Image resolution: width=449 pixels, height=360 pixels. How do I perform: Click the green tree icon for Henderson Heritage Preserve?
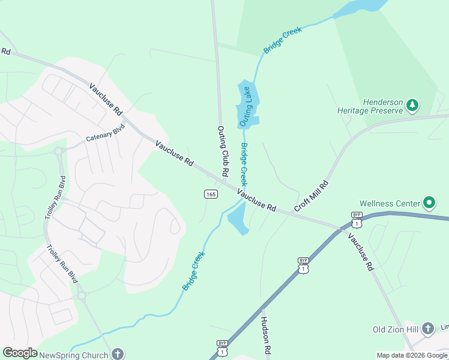[412, 106]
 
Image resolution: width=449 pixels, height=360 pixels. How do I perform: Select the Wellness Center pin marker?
[429, 203]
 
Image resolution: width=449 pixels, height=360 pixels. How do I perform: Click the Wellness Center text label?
[390, 203]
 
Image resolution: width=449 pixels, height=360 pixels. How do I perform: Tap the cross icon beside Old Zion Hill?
[427, 328]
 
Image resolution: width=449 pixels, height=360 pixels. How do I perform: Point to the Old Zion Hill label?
[395, 329]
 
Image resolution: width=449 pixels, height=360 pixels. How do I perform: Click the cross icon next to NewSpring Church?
[118, 354]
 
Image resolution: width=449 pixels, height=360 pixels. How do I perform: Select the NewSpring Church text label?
[73, 355]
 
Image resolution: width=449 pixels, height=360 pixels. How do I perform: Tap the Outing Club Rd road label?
[222, 151]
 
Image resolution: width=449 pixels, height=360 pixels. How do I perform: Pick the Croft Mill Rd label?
[312, 196]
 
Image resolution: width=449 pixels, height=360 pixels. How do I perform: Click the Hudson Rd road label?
[266, 335]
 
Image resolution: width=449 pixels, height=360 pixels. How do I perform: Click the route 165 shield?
[210, 194]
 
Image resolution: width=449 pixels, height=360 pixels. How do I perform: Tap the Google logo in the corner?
[20, 353]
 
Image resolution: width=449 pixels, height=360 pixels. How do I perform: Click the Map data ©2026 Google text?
[412, 355]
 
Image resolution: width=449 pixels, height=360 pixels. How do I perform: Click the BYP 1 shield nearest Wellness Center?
[357, 220]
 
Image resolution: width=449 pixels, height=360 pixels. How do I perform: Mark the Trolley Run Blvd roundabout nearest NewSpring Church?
[81, 295]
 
